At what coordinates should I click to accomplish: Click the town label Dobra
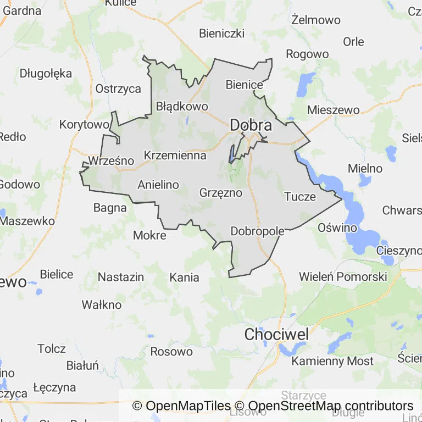click(x=251, y=125)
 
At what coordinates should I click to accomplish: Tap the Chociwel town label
click(x=276, y=334)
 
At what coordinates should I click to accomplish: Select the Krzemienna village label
click(x=175, y=156)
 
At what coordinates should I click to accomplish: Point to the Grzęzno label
click(x=221, y=193)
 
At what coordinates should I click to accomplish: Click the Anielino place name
click(x=158, y=185)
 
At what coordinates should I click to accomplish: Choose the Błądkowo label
click(x=182, y=106)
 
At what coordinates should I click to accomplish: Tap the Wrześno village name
click(x=111, y=161)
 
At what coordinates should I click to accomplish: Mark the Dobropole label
click(x=258, y=231)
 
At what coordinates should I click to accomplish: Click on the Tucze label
click(x=300, y=196)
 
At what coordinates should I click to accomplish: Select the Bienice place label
click(x=245, y=85)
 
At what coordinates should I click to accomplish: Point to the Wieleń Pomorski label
click(x=343, y=276)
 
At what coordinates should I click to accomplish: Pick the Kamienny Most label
click(x=332, y=361)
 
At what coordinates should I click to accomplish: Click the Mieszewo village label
click(x=333, y=109)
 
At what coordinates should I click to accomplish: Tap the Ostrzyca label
click(x=118, y=88)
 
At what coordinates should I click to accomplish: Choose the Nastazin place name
click(x=121, y=277)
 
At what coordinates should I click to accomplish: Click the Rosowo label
click(x=171, y=352)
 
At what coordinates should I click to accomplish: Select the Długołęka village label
click(x=46, y=73)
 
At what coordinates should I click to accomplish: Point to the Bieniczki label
click(x=221, y=34)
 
